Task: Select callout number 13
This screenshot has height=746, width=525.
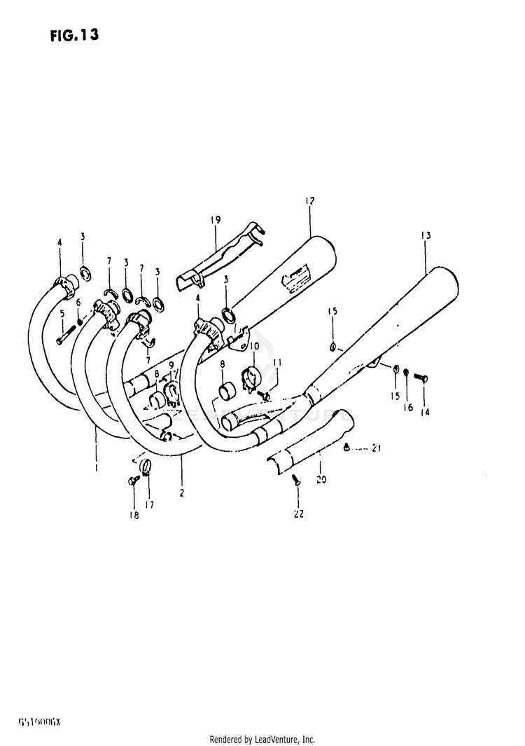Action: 426,236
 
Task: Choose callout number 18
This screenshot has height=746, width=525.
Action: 133,516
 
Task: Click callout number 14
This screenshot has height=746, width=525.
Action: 424,413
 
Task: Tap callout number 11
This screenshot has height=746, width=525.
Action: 277,362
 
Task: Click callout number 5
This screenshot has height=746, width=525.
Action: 62,313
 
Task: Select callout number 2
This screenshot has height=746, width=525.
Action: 181,493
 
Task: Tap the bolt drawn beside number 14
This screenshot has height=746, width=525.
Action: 422,378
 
